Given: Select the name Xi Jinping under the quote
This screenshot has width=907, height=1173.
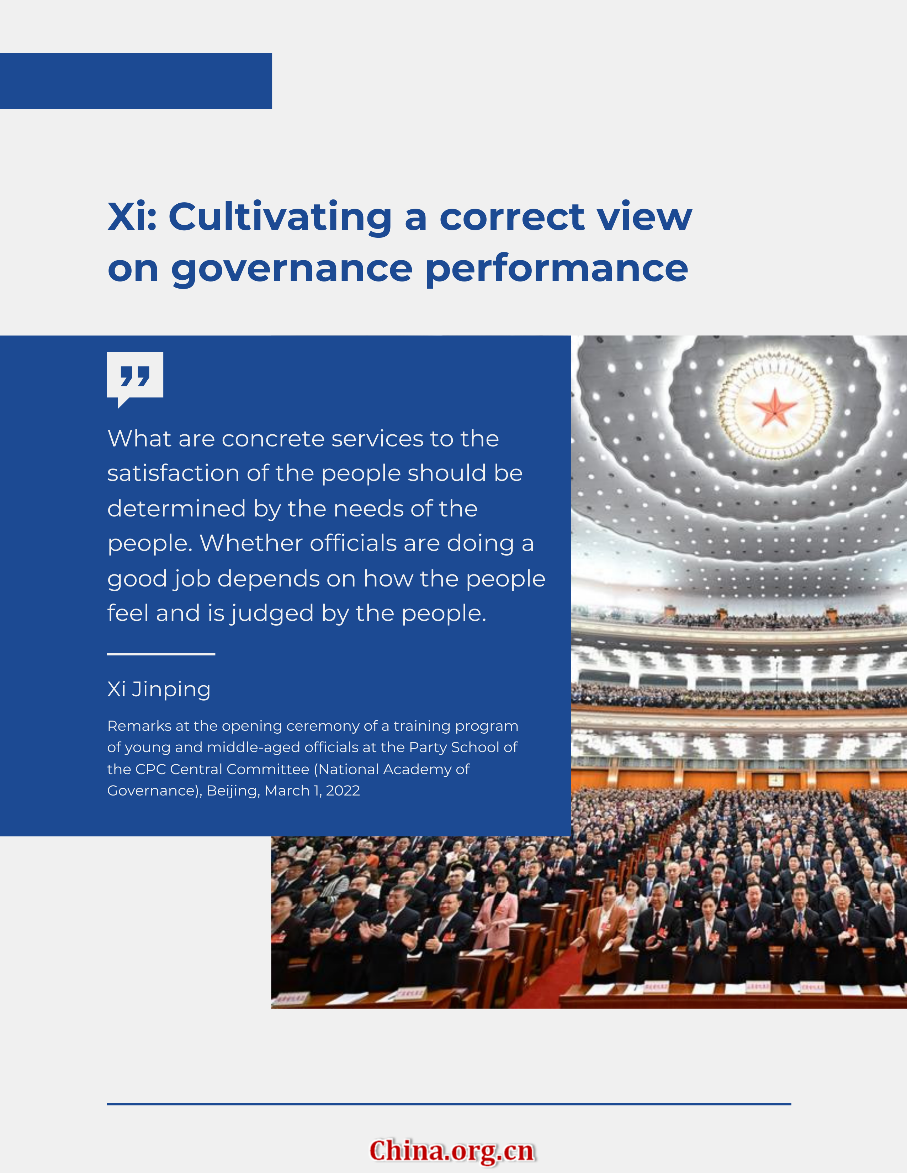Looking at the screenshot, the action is click(159, 690).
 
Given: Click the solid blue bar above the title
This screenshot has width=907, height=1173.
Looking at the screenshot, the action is click(136, 81).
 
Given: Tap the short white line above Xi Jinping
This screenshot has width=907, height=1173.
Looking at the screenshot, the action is click(161, 654).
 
